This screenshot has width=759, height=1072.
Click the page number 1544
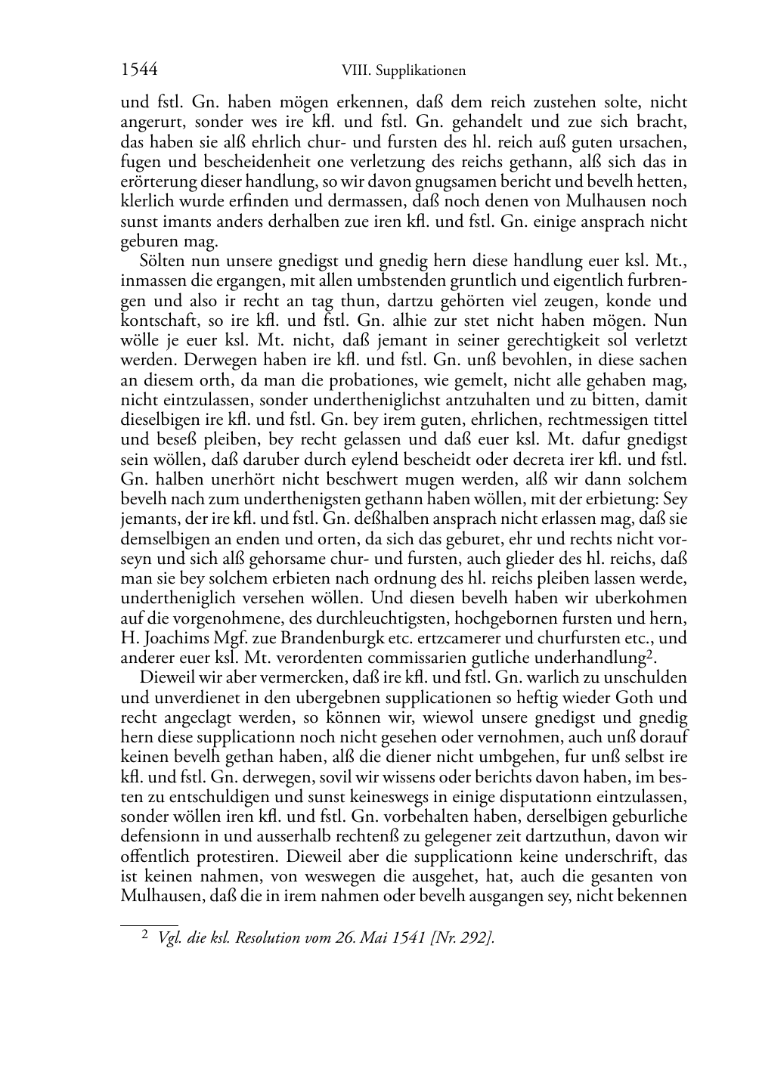[139, 70]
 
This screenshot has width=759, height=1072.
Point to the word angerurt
[152, 122]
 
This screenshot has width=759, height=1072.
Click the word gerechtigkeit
[513, 340]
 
